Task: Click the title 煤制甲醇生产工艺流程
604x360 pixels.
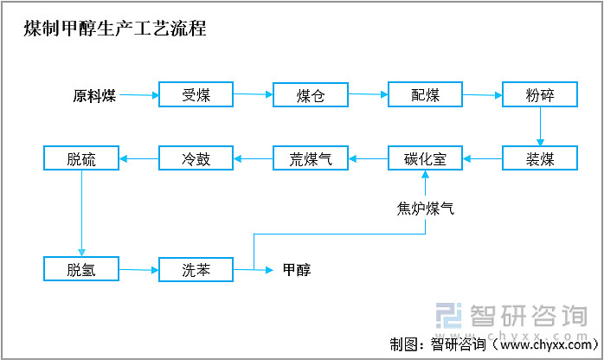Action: coord(115,28)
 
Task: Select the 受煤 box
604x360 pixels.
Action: coord(196,94)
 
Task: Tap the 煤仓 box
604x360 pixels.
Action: coord(311,94)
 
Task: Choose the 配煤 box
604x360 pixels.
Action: coord(425,94)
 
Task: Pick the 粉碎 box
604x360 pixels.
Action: coord(540,94)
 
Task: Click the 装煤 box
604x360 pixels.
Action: coord(540,158)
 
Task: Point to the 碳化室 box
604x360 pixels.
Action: coord(425,158)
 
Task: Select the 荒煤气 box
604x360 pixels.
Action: coord(311,158)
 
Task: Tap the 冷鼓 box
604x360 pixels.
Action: coord(196,158)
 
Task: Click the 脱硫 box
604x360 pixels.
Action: coord(81,158)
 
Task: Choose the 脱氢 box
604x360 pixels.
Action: coord(81,269)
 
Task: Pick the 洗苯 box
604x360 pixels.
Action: coord(196,269)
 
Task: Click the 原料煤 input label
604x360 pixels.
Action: coord(94,95)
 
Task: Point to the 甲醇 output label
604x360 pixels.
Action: coord(297,269)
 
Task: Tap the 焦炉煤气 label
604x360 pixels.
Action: coord(425,209)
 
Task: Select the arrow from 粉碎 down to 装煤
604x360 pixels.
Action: coord(540,126)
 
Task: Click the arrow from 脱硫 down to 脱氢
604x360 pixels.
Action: coord(81,213)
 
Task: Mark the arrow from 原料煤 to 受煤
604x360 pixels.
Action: coord(139,95)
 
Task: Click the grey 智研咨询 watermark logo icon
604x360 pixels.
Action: coord(449,316)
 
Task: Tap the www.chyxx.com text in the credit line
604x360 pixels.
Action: coord(545,344)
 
